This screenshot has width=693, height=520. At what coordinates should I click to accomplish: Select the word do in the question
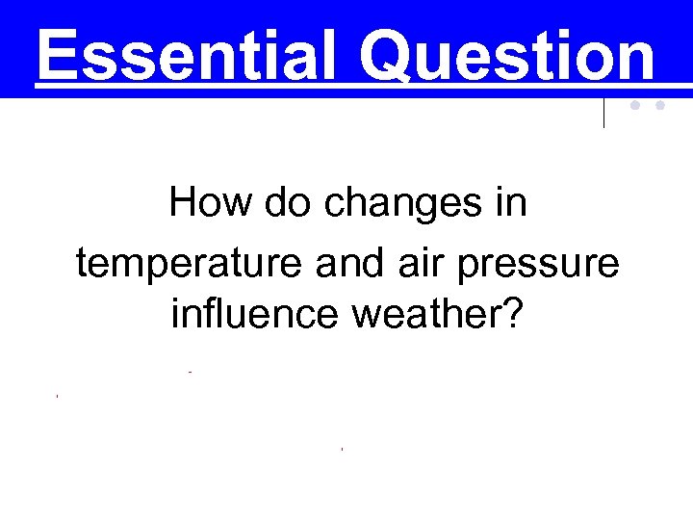coord(262,203)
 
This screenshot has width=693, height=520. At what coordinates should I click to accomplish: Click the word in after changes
coord(511,203)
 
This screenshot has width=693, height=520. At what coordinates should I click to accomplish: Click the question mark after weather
coord(512,315)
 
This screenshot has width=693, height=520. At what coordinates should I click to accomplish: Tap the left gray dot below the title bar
coord(636,107)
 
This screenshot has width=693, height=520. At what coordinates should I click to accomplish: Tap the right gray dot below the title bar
coord(660,107)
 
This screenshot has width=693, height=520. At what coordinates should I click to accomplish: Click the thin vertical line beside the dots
coord(604,113)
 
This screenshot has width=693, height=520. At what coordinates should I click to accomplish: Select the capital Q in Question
coord(389,56)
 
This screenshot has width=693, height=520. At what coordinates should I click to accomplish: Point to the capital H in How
coord(182,203)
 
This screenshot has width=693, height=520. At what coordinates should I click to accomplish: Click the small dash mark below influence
coord(192,372)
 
